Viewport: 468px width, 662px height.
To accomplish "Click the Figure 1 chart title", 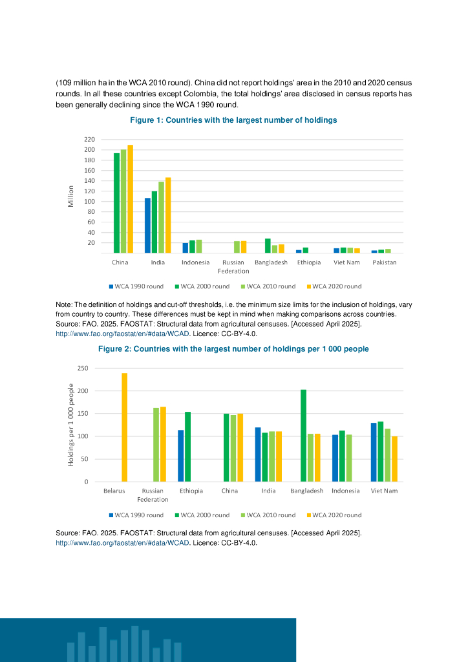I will pyautogui.click(x=233, y=120).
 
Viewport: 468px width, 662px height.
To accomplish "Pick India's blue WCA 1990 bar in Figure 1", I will pyautogui.click(x=147, y=226).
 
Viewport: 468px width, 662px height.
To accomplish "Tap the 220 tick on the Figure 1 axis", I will pyautogui.click(x=89, y=140).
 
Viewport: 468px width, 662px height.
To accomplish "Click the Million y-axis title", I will pyautogui.click(x=71, y=197).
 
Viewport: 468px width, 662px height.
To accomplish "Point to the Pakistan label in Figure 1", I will pyautogui.click(x=384, y=262).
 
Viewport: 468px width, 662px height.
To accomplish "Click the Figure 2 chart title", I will pyautogui.click(x=233, y=349).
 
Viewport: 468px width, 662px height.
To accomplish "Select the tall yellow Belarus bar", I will pyautogui.click(x=124, y=427).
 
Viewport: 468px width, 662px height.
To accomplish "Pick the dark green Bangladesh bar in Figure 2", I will pyautogui.click(x=303, y=436).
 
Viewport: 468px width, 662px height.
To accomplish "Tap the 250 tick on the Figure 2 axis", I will pyautogui.click(x=82, y=368).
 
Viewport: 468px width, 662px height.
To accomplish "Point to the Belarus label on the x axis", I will pyautogui.click(x=114, y=491).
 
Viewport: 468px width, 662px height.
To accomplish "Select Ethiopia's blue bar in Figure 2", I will pyautogui.click(x=181, y=456).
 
